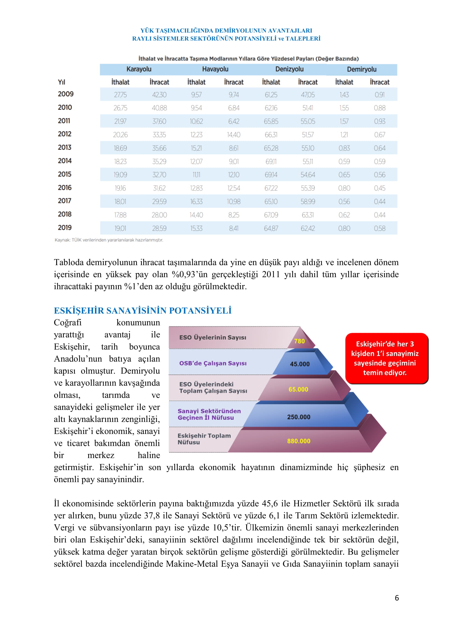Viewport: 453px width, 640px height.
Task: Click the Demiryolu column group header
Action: click(362, 69)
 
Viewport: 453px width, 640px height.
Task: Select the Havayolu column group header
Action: click(215, 69)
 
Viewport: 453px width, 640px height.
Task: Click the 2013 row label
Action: click(65, 147)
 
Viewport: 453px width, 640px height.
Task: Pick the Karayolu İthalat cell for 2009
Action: click(120, 95)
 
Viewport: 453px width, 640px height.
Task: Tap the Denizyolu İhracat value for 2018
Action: click(308, 215)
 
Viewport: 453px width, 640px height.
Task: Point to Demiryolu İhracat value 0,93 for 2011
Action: click(380, 121)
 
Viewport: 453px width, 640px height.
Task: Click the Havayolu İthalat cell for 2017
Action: click(196, 202)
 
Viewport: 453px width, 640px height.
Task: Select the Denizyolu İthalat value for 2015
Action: click(271, 175)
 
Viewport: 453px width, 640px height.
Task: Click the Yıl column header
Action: click(61, 82)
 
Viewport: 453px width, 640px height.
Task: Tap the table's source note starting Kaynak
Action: click(109, 240)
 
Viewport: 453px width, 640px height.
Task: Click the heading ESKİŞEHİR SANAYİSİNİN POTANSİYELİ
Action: click(142, 311)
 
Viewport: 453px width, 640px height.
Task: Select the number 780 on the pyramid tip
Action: click(299, 341)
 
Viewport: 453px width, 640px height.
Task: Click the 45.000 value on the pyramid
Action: click(300, 364)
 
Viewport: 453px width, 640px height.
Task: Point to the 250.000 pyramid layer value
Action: click(299, 417)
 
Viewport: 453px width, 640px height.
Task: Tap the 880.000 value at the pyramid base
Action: click(299, 441)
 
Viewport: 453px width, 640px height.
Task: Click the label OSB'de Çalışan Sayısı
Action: click(213, 363)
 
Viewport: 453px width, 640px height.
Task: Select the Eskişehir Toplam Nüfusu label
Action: click(204, 439)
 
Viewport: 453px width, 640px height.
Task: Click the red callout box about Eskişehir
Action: click(386, 358)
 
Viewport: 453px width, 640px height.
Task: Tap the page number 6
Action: click(397, 598)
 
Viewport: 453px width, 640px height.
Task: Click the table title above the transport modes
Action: click(248, 59)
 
